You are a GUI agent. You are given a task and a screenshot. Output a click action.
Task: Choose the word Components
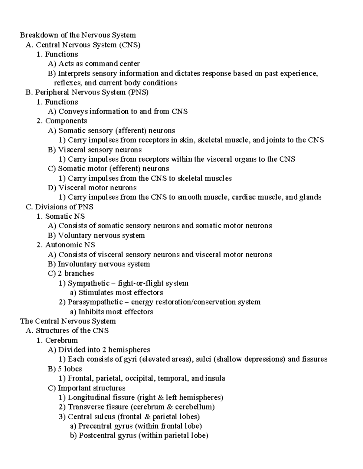click(66, 121)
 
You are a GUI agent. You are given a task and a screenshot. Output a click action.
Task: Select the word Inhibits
click(91, 312)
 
